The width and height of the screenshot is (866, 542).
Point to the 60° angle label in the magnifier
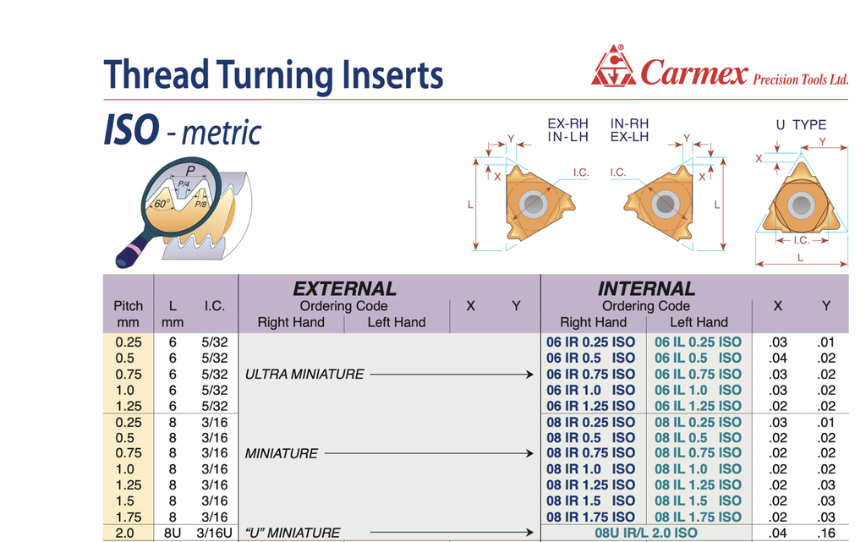[x=162, y=203]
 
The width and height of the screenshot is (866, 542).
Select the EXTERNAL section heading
[x=345, y=288]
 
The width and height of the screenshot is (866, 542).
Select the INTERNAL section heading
[x=646, y=288]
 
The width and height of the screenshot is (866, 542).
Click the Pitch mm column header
[x=129, y=314]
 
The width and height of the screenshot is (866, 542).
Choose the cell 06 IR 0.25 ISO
[x=591, y=342]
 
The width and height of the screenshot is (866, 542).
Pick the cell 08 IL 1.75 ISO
[x=698, y=517]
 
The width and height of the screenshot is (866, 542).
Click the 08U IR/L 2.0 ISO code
[x=646, y=534]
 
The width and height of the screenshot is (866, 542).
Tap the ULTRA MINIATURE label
[x=304, y=375]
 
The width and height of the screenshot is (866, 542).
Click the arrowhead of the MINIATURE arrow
[x=529, y=454]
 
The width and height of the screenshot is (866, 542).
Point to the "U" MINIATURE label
[x=293, y=534]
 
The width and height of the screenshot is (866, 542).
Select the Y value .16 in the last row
[x=827, y=534]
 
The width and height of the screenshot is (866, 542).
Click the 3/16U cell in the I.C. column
[x=214, y=534]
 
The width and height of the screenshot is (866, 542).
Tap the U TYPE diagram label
[x=801, y=125]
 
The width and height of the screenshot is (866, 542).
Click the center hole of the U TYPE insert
[x=801, y=205]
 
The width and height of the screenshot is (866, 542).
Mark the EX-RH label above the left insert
[x=567, y=123]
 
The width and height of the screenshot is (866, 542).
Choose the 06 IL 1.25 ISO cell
[x=698, y=406]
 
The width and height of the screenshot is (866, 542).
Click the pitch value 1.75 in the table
[x=129, y=517]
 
